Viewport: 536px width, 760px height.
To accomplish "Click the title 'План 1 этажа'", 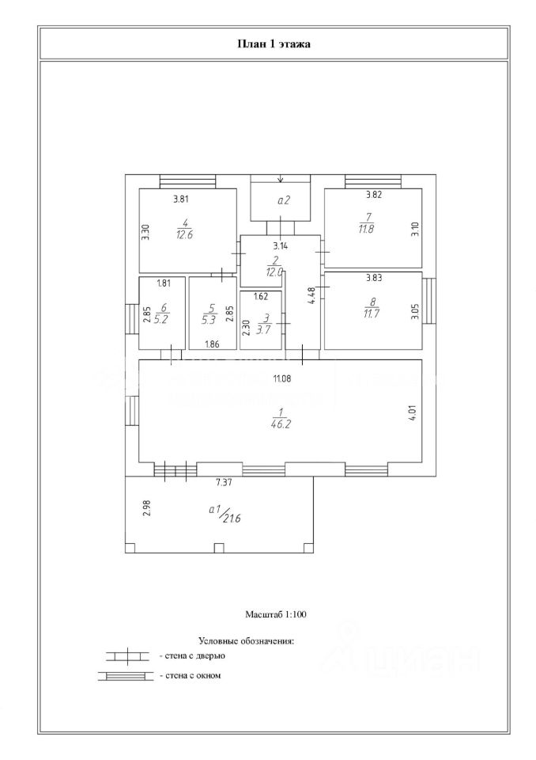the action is pyautogui.click(x=274, y=44).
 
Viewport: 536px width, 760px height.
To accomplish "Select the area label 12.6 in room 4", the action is pyautogui.click(x=184, y=234).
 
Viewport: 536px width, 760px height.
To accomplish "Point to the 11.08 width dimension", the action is pyautogui.click(x=282, y=379).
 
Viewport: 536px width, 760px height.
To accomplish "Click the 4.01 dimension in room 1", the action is pyautogui.click(x=412, y=413).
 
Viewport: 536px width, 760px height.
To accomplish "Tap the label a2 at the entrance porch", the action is pyautogui.click(x=283, y=201).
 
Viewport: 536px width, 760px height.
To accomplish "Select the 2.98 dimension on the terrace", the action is pyautogui.click(x=146, y=508).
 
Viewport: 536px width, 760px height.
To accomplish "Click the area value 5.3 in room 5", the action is pyautogui.click(x=209, y=321).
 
